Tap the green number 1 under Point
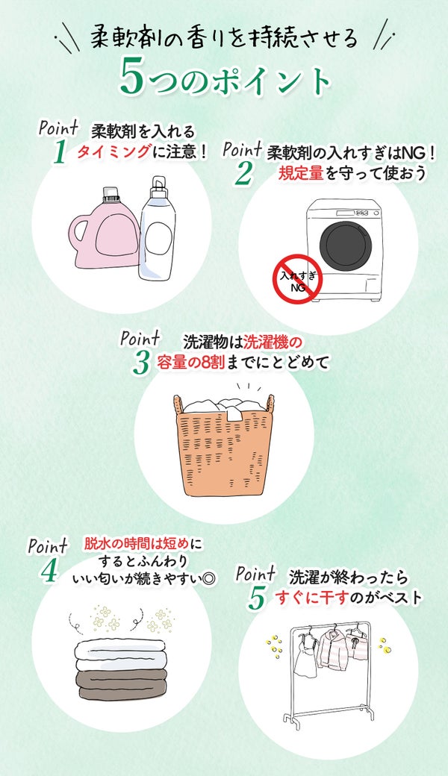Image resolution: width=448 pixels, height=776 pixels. tap(60, 151)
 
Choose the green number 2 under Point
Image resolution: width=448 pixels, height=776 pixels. tap(243, 172)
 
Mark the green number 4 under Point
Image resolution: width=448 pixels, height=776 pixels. tap(49, 569)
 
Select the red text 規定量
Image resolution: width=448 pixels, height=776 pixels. tap(301, 173)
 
